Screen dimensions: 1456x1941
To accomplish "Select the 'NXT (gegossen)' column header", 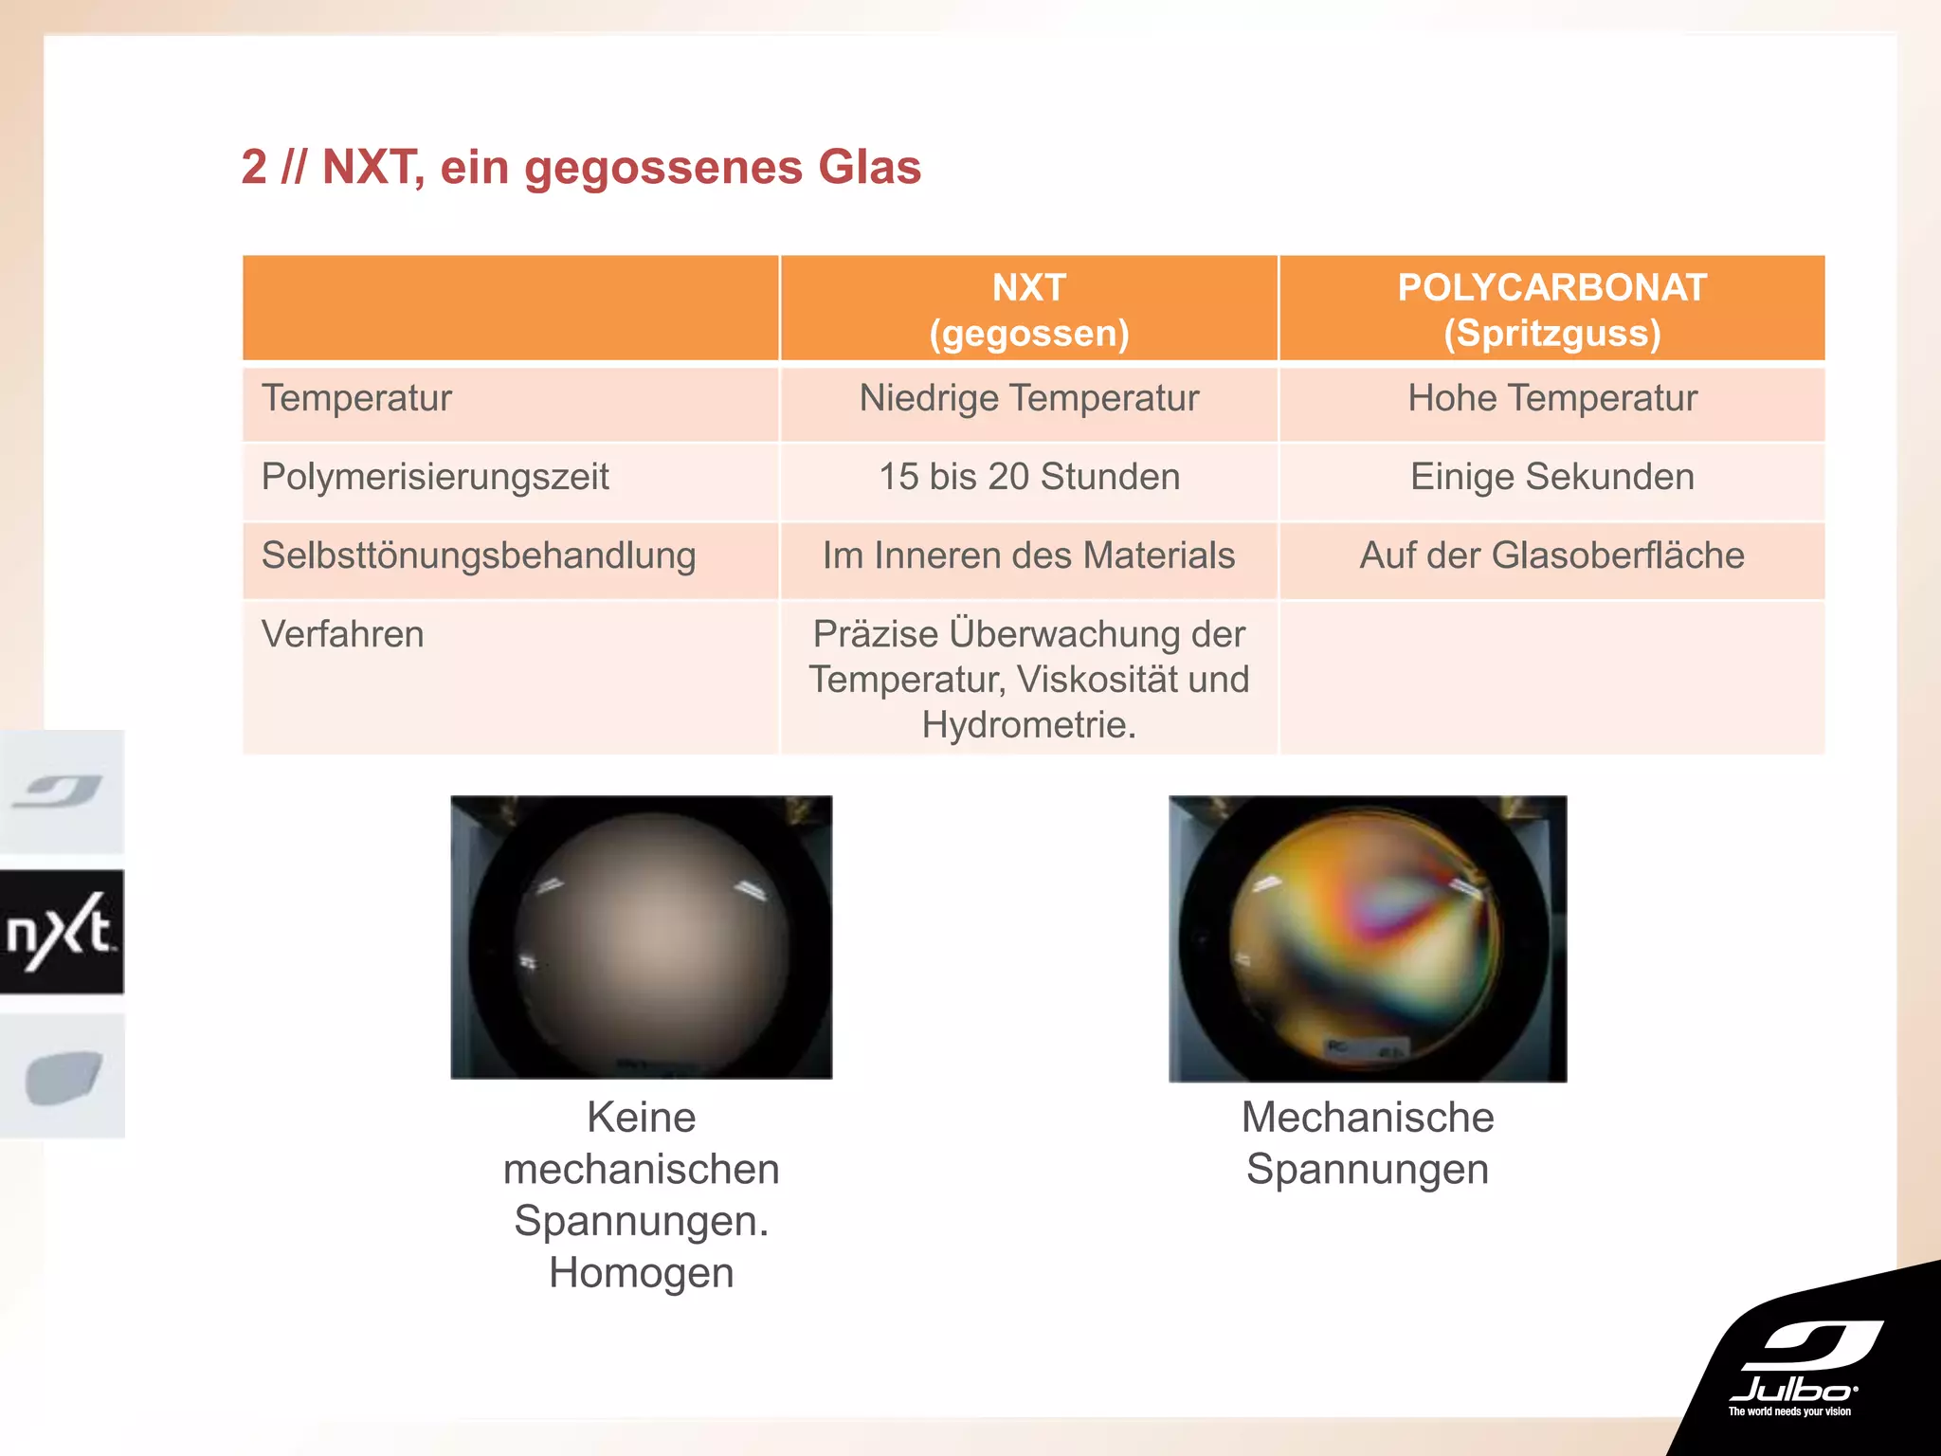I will (x=1028, y=310).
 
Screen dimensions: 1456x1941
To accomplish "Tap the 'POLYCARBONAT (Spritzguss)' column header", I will (x=1551, y=310).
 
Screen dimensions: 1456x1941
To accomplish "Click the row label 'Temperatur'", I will (x=357, y=398).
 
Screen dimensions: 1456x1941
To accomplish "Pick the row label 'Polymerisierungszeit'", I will (x=435, y=477).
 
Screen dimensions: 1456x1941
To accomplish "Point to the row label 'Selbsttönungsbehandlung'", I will (x=479, y=555).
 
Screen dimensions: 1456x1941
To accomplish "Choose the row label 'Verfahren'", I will (x=342, y=634).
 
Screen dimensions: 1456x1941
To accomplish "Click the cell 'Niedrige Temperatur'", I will (x=1028, y=398).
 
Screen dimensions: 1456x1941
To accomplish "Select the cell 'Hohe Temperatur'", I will (x=1551, y=398).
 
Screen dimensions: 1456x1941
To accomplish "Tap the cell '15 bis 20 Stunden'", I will (x=1028, y=477).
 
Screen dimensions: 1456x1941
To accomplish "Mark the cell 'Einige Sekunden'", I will (x=1551, y=477).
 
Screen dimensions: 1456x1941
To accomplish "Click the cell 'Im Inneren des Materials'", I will (x=1028, y=555).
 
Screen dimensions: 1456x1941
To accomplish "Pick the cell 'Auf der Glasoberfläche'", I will (x=1551, y=555).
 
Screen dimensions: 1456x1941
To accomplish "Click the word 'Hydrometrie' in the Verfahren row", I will (x=1026, y=725).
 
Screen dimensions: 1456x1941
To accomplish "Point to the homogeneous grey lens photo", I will (x=642, y=937).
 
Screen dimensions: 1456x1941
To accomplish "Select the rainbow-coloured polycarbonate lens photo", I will (x=1367, y=938).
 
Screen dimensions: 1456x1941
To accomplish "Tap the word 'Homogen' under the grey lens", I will (x=642, y=1273).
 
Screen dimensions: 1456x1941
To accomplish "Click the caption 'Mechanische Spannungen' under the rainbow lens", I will (x=1367, y=1143).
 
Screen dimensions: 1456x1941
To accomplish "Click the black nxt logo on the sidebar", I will (x=62, y=932).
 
